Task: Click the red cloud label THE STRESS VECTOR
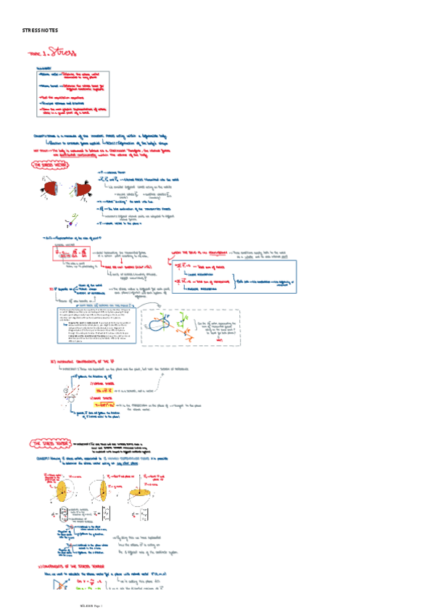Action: (48, 165)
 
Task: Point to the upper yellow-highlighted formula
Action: (96, 389)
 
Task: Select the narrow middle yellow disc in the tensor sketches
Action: (105, 492)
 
